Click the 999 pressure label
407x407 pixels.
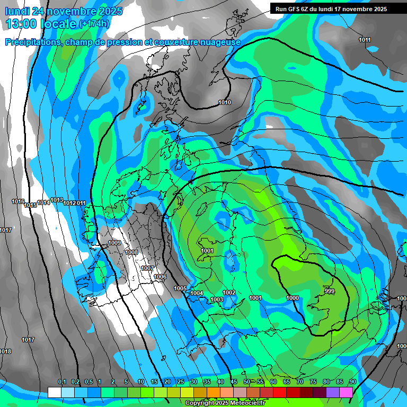tap(330, 291)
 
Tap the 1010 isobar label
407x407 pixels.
tap(225, 102)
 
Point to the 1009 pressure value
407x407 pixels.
tap(114, 243)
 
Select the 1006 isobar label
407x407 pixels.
tap(160, 277)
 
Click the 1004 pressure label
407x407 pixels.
tap(197, 293)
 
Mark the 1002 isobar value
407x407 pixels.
tap(229, 293)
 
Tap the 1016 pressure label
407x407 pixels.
tap(18, 201)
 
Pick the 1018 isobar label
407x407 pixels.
tap(5, 351)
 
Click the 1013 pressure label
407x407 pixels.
tap(57, 200)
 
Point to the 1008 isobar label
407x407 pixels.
tap(131, 252)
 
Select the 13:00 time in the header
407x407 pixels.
tap(22, 24)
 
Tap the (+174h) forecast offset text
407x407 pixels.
tap(94, 24)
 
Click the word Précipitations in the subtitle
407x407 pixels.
tap(31, 42)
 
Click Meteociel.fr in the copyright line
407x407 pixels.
tap(244, 403)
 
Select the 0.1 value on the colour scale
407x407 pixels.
tap(62, 382)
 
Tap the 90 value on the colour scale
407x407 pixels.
tap(352, 382)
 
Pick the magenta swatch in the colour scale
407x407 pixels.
tap(346, 392)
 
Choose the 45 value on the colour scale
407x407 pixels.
tap(234, 382)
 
